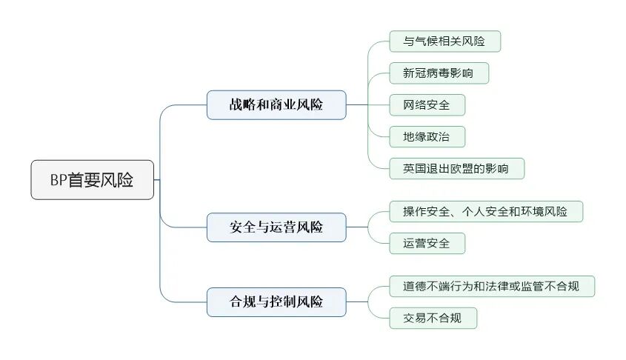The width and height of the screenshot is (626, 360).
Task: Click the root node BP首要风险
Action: tap(93, 180)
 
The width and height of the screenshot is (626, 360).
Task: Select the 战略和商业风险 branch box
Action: tap(276, 104)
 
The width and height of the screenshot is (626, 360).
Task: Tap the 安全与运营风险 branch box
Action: tap(276, 227)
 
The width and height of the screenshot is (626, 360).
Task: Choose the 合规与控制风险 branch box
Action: tap(276, 301)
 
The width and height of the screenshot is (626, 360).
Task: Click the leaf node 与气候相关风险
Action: tap(444, 41)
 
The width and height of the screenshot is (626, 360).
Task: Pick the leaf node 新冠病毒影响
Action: tap(439, 73)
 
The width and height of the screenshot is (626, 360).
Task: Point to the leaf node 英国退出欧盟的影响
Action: tap(456, 169)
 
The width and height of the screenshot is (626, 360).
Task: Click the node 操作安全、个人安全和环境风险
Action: tap(486, 211)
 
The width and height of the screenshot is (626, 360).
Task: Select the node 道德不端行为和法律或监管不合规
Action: tap(492, 286)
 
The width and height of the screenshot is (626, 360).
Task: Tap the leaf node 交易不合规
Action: tap(433, 319)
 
